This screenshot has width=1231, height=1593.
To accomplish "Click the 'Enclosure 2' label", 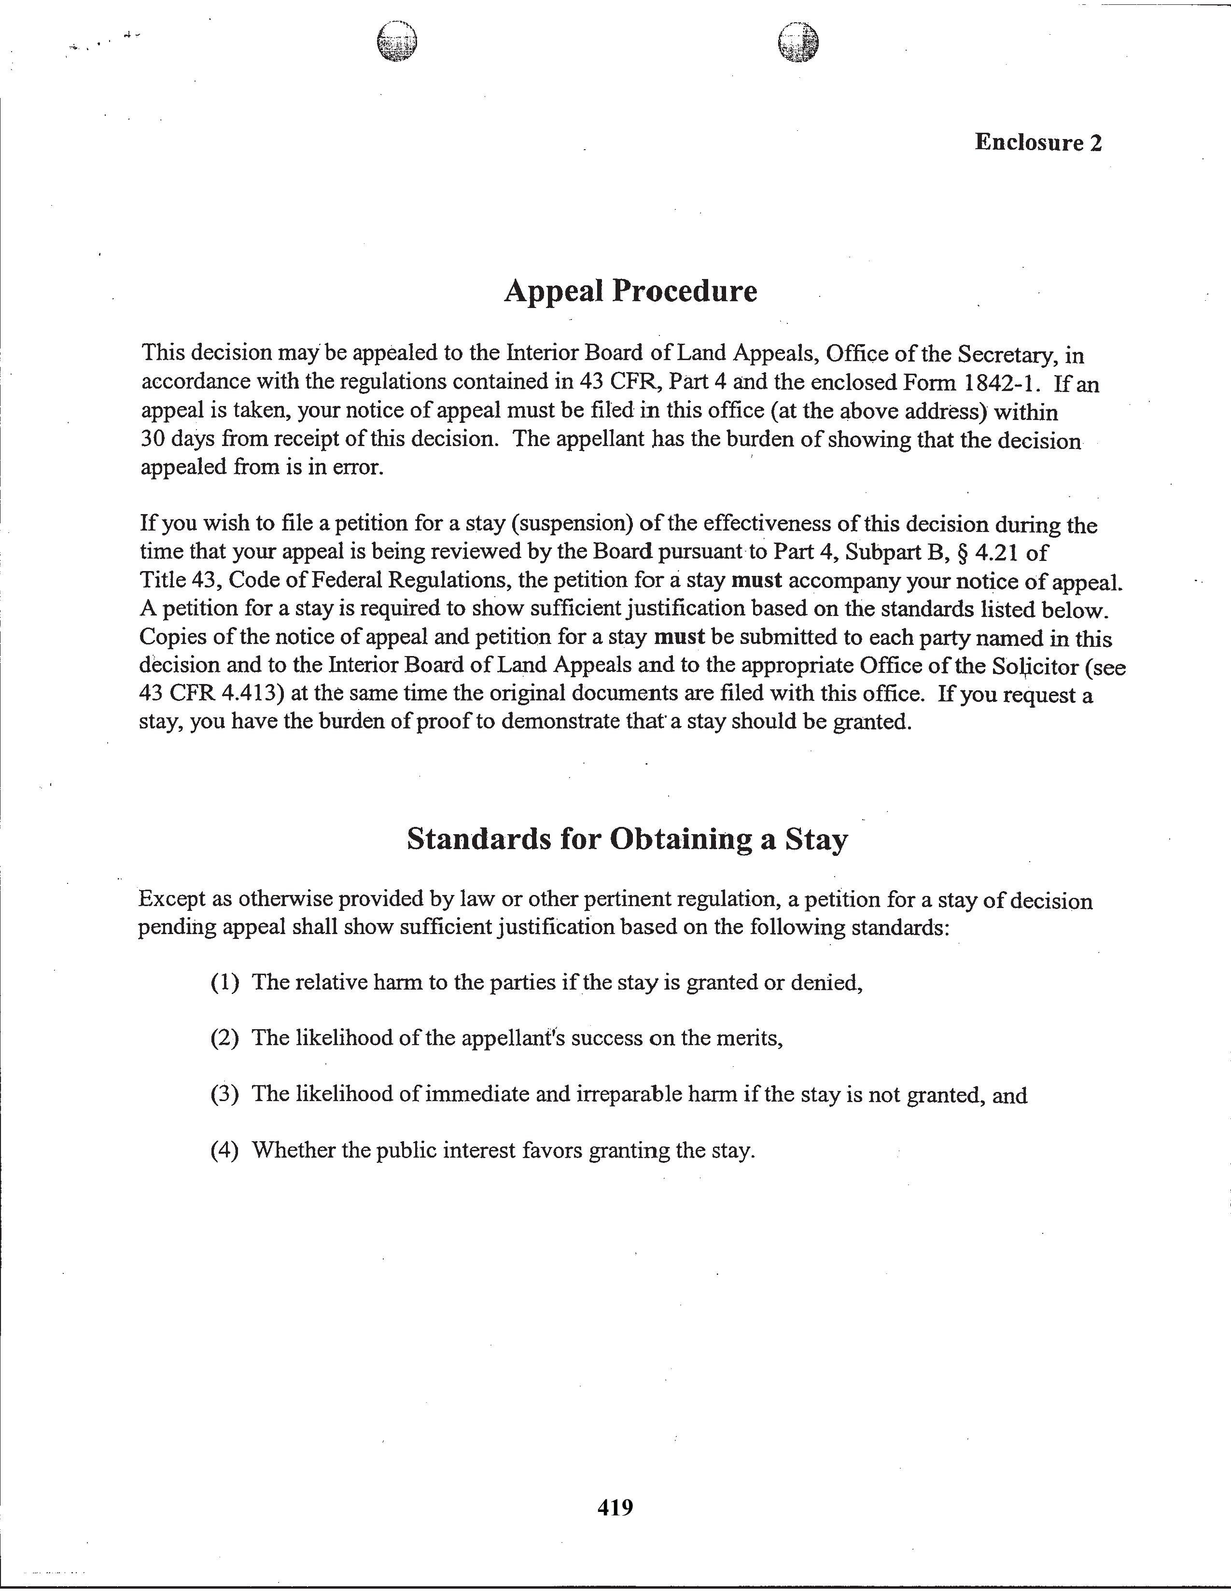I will [x=1038, y=142].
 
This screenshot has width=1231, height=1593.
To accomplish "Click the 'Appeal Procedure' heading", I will [x=630, y=291].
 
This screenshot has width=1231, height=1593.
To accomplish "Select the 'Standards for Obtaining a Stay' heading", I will [x=627, y=839].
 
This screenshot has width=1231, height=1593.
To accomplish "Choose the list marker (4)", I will [x=224, y=1150].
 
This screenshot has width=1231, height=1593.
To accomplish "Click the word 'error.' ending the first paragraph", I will [x=357, y=468].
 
